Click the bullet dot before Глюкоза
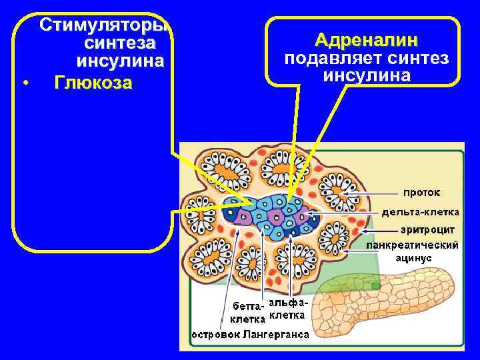(x=25, y=84)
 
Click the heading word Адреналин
(x=365, y=40)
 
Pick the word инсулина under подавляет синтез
(x=367, y=75)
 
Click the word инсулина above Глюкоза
(x=121, y=63)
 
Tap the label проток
(x=421, y=192)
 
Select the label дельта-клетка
(x=420, y=212)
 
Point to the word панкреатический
(x=414, y=245)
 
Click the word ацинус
(x=414, y=257)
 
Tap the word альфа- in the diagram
(x=287, y=303)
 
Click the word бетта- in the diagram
(x=247, y=307)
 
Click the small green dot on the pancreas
(x=376, y=285)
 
